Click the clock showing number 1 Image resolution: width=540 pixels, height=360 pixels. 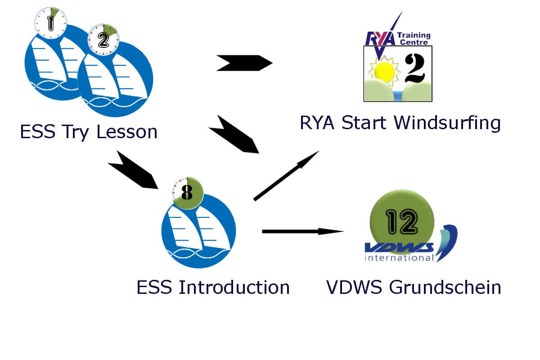(x=50, y=23)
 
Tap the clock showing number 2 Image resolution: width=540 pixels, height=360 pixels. (x=103, y=40)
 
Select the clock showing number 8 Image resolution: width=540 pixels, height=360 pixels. (x=188, y=193)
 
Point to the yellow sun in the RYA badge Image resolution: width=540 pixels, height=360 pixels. (x=384, y=71)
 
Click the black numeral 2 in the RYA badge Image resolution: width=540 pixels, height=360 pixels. (x=414, y=68)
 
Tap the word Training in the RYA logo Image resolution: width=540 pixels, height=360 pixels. (x=414, y=36)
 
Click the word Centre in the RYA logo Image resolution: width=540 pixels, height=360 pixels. (x=414, y=42)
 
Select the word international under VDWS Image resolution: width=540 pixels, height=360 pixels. (x=399, y=258)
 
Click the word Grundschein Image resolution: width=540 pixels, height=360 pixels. (x=445, y=287)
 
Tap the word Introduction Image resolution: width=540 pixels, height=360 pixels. (x=234, y=287)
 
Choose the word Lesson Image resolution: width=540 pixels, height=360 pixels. (x=127, y=132)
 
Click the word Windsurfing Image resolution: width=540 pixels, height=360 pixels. (x=447, y=123)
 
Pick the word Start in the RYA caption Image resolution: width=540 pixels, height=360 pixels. (x=364, y=123)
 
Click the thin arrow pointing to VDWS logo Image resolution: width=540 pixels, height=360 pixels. (x=303, y=231)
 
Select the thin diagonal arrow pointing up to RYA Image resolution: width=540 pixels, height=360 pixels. (x=286, y=175)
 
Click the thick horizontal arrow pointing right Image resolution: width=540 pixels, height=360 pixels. (x=244, y=63)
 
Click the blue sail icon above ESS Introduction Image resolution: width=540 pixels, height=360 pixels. (x=198, y=231)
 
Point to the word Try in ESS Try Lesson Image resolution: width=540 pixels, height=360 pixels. (x=76, y=132)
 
